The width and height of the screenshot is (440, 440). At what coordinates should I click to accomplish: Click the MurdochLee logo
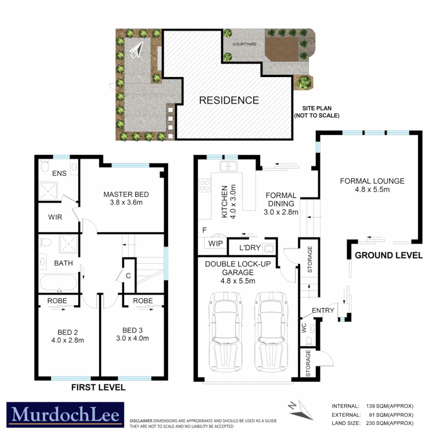coord(65,415)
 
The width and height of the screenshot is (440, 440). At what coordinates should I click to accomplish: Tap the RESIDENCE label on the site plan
coord(229,100)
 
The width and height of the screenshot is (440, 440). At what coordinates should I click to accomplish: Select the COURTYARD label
coord(244,44)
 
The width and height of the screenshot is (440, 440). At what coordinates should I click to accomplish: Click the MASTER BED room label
coord(126,194)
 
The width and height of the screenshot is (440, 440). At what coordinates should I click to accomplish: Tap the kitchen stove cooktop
coord(204,186)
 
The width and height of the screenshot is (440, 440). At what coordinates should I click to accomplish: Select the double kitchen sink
coord(229,166)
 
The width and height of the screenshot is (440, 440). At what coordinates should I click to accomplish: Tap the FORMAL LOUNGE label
coord(372,181)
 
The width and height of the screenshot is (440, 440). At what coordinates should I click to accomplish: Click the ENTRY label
coord(323,310)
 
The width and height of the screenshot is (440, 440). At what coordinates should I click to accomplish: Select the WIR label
coord(55,217)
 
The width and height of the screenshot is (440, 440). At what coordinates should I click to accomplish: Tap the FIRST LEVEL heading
coord(98,387)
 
